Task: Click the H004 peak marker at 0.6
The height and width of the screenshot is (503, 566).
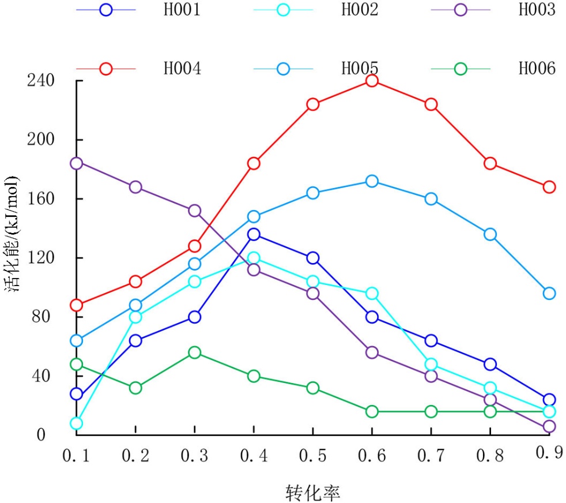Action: [372, 80]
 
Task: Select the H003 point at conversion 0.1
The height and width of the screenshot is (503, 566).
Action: [76, 163]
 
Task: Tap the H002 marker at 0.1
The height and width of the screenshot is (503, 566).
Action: [76, 423]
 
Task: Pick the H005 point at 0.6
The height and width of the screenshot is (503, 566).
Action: [372, 181]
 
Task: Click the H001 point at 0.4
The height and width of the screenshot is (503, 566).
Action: [254, 234]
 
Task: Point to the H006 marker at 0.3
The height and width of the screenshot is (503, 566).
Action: [194, 352]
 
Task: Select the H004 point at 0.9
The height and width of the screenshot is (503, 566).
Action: [549, 187]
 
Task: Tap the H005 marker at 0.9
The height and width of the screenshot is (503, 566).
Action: [549, 293]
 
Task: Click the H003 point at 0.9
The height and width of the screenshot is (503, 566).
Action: [549, 426]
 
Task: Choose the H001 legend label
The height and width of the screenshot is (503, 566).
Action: [182, 10]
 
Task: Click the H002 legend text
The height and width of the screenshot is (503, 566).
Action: [360, 10]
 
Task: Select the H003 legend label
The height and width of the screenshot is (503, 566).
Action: [537, 10]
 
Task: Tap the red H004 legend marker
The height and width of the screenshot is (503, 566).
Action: [106, 69]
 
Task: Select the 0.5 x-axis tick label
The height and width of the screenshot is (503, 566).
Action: [312, 456]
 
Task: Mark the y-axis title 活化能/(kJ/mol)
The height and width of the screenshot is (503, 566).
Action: [13, 233]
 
